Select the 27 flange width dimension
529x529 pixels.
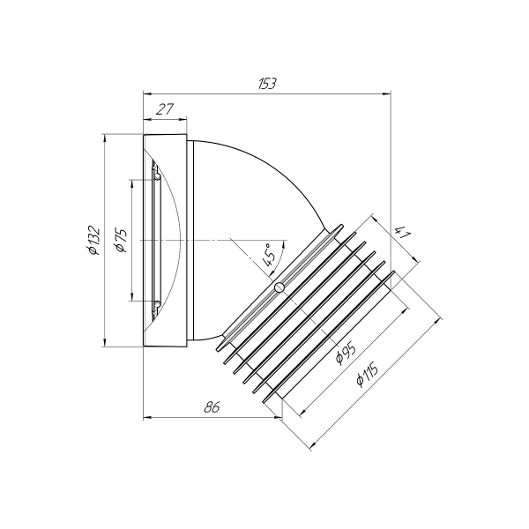(x=164, y=109)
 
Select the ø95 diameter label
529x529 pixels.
(x=345, y=354)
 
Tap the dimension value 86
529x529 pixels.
(x=211, y=407)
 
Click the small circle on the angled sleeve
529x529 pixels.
(x=279, y=288)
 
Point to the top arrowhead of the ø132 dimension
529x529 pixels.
(x=105, y=138)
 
